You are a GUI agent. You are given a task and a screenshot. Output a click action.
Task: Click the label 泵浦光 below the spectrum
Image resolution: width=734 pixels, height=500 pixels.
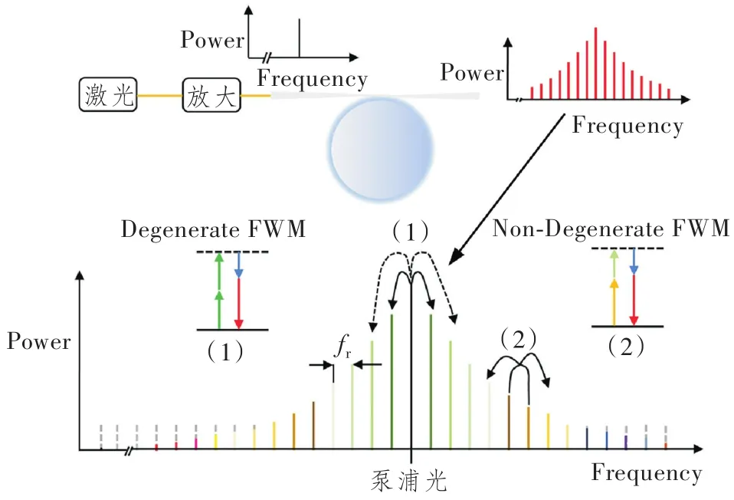405,481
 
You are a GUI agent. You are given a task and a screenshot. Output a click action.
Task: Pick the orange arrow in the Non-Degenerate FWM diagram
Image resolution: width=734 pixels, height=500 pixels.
613,303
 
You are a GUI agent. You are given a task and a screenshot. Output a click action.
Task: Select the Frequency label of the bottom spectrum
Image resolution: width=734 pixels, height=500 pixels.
646,472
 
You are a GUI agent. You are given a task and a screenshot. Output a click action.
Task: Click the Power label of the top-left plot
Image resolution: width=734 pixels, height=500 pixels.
211,40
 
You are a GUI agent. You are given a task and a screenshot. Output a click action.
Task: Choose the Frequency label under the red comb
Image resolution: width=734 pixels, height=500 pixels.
627,125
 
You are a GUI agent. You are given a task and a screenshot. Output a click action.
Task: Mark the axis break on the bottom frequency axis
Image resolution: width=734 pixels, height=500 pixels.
130,449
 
